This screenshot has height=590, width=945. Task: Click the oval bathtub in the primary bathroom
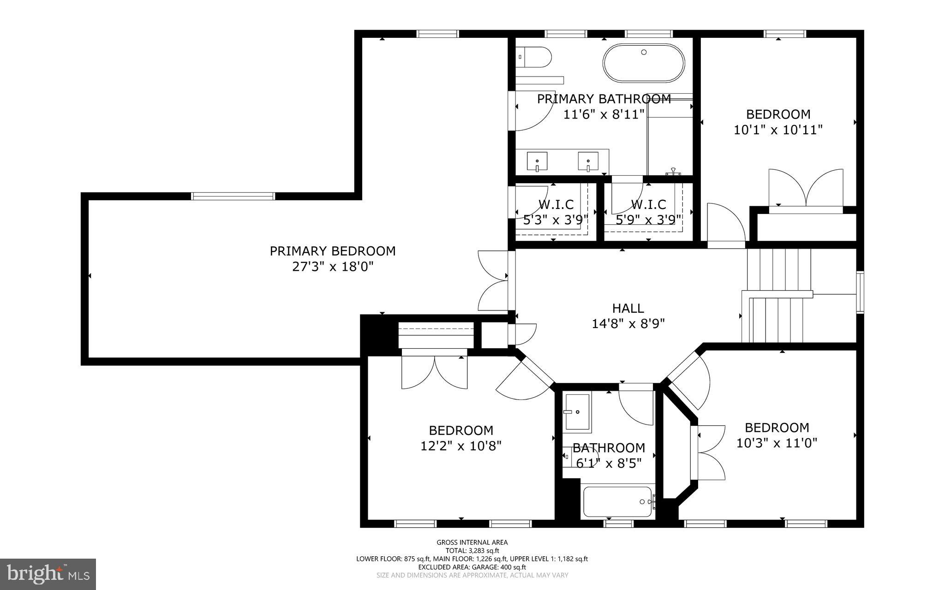click(644, 63)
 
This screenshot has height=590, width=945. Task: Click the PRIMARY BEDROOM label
click(332, 251)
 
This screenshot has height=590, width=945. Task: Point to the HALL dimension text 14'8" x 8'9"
click(628, 324)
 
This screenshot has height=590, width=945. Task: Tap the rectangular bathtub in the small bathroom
click(617, 501)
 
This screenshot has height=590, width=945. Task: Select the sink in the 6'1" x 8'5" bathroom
click(576, 411)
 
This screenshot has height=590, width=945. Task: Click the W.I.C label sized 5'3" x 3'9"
click(556, 204)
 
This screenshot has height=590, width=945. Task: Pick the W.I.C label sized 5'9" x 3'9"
click(648, 204)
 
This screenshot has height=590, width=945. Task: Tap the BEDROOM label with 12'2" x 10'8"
click(461, 430)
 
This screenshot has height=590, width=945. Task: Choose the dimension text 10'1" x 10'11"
click(778, 130)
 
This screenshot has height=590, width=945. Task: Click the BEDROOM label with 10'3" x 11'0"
click(777, 427)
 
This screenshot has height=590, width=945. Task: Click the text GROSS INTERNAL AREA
click(472, 542)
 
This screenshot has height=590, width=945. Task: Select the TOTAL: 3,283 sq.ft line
click(472, 550)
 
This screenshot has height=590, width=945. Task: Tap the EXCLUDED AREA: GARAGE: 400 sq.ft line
click(472, 567)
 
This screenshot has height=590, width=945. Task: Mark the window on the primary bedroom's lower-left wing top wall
click(233, 196)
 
